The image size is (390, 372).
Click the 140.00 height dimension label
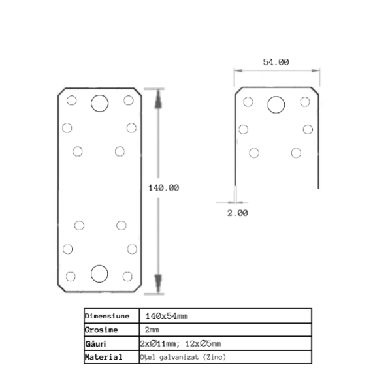coord(163,188)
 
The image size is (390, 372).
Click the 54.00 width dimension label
coord(276,62)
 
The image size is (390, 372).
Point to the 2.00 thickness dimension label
coord(238,213)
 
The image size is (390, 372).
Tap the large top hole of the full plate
coord(100,103)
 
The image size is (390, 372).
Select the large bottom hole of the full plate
coord(99,273)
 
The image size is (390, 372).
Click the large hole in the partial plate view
coord(276,104)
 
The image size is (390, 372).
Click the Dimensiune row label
coord(107,316)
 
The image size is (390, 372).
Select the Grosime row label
coord(101,330)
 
